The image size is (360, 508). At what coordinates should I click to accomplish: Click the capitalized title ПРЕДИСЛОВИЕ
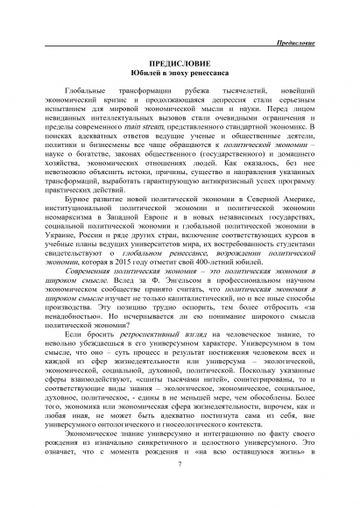(x=179, y=64)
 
